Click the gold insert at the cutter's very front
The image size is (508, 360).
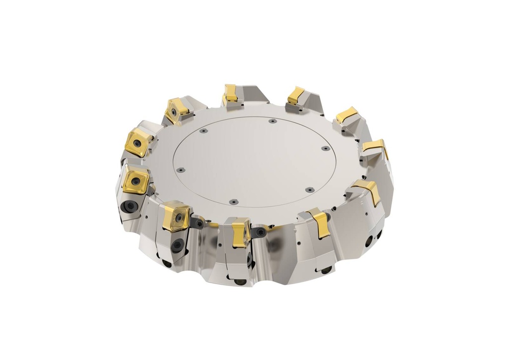pos(241,232)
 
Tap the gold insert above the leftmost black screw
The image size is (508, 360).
pos(135,180)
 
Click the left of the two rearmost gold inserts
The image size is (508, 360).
pos(230,93)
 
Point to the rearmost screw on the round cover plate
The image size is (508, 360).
pos(272,121)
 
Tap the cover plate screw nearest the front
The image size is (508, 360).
pos(233,202)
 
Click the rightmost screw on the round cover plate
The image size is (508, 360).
pos(325,148)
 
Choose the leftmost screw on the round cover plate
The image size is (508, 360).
pos(181,170)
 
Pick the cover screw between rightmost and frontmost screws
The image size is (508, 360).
pos(309,189)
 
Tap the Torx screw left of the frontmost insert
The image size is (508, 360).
pos(199,224)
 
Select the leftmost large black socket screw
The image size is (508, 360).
pos(129,206)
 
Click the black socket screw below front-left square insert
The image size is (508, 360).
pos(177,244)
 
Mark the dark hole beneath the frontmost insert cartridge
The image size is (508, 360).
pos(240,282)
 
